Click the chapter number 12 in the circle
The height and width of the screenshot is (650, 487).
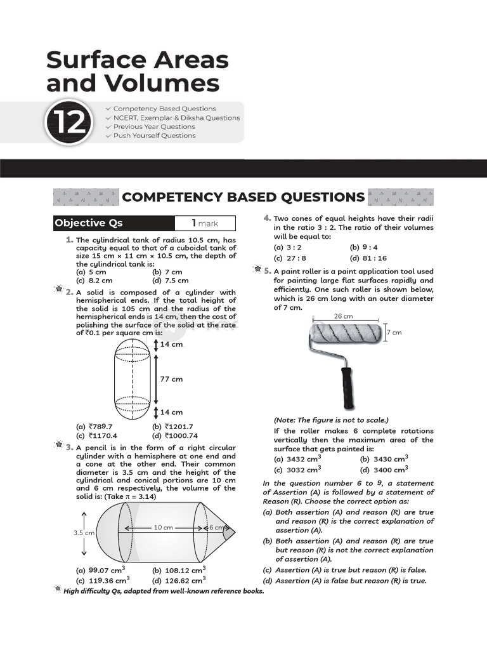point(67,122)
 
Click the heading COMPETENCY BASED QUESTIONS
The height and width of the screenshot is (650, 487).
point(243,197)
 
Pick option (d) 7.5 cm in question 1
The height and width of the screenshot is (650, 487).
point(171,280)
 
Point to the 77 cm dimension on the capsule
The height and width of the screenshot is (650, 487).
point(171,378)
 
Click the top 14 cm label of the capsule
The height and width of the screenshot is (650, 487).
point(171,344)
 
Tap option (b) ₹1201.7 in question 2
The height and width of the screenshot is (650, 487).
point(172,427)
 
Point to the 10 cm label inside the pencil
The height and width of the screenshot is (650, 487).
point(163,527)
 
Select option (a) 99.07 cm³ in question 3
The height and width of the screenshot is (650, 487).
point(100,571)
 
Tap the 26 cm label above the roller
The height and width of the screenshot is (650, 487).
point(343,316)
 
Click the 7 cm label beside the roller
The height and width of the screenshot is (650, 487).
point(394,333)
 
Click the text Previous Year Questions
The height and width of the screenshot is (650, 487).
point(154,126)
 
